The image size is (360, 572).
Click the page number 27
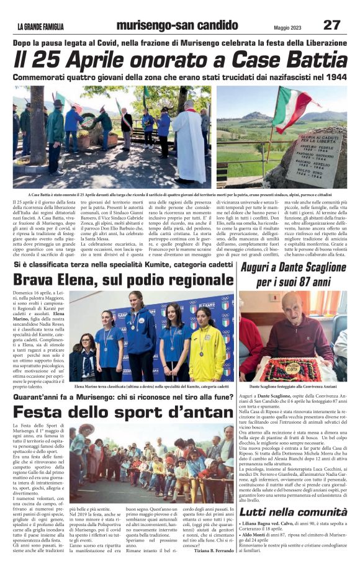tap(331, 25)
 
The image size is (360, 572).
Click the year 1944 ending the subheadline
tap(334, 76)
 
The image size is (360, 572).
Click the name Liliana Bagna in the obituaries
tap(259, 525)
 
